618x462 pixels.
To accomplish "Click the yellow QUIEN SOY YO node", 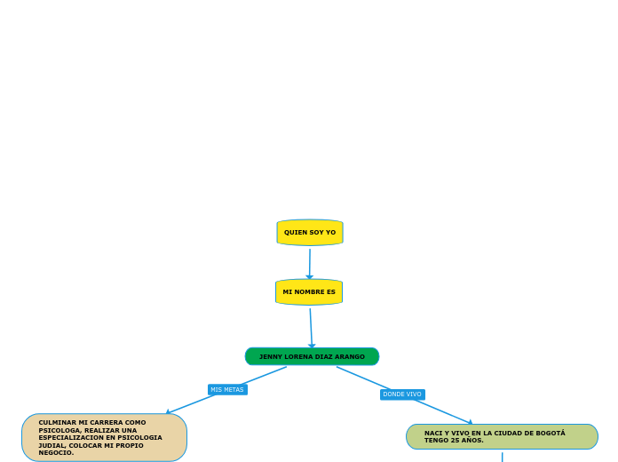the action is (x=310, y=233).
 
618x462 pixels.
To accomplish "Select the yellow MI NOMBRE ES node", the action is (x=309, y=292).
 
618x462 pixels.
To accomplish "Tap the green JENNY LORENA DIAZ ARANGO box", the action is (x=312, y=356).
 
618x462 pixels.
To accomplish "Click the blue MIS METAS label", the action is (x=227, y=389).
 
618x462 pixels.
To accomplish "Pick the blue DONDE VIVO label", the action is (x=402, y=394).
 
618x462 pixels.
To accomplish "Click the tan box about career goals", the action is (x=104, y=437).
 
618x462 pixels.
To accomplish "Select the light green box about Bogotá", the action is (x=502, y=436).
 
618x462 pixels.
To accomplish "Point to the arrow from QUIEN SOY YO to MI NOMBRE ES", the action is (x=310, y=263).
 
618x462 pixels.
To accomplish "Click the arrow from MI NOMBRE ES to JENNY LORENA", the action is (x=311, y=327).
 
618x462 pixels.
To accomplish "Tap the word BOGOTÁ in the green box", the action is (x=549, y=433).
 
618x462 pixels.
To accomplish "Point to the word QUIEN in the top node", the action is (x=294, y=233).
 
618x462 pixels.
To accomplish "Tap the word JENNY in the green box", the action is (x=269, y=356).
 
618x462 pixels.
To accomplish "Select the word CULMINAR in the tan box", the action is (x=57, y=423).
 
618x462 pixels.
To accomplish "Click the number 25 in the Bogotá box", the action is (x=454, y=440).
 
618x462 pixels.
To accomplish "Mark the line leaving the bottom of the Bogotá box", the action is (x=502, y=457).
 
